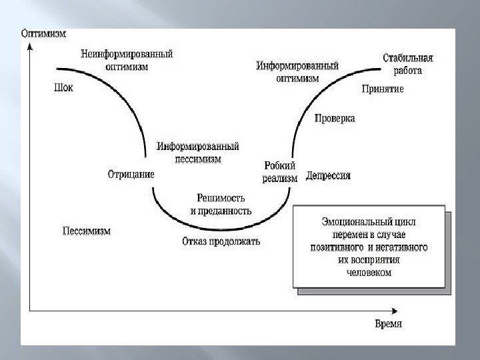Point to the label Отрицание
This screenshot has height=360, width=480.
click(131, 174)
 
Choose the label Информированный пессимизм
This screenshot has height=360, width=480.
click(198, 153)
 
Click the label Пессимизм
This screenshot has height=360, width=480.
click(86, 231)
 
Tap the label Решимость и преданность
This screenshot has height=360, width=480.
click(221, 204)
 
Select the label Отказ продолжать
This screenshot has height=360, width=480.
click(221, 241)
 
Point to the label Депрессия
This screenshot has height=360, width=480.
click(328, 175)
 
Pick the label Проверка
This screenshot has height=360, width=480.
click(334, 118)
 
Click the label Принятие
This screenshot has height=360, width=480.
click(383, 88)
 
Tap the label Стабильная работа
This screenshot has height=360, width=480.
click(403, 63)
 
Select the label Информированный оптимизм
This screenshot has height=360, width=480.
click(297, 71)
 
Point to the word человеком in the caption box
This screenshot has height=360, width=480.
click(369, 272)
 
